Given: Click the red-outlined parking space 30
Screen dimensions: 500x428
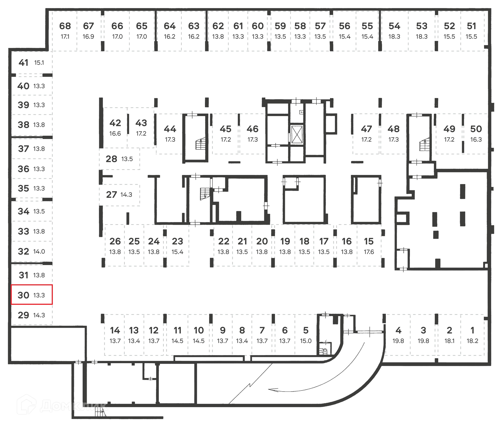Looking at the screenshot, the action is tap(32, 294).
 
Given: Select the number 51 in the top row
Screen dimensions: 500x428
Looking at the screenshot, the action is tap(471, 26).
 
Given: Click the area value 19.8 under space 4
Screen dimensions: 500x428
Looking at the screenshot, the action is tap(398, 341).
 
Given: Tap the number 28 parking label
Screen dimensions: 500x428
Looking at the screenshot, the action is tap(111, 159).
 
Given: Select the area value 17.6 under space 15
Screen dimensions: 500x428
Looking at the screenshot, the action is tap(369, 252).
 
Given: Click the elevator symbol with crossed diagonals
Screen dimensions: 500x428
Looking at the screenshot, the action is tap(297, 134).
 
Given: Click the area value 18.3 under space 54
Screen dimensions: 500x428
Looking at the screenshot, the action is tap(394, 37).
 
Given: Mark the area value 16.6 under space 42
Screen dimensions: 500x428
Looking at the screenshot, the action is tap(115, 134).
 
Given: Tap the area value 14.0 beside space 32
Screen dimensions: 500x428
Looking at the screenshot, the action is tap(39, 251).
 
